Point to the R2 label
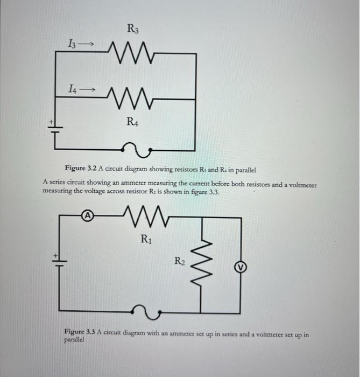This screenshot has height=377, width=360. (x=181, y=262)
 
